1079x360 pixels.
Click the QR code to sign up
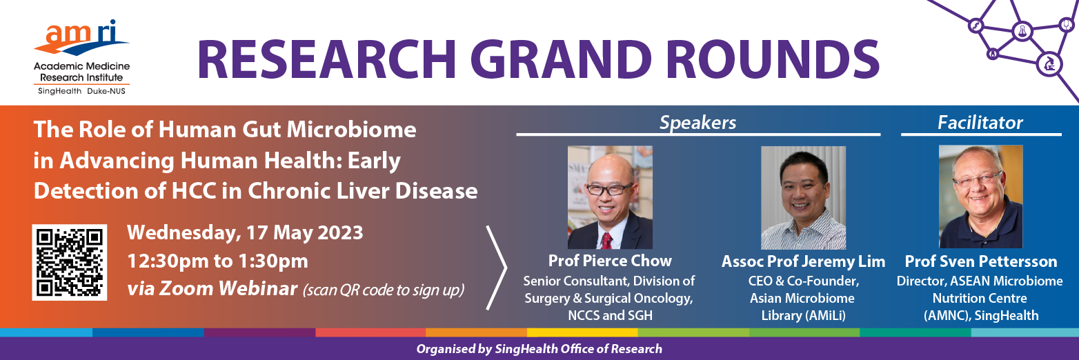coord(70,262)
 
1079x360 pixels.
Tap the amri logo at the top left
coord(81,57)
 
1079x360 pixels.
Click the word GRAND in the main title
coord(561,60)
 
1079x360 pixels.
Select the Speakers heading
coord(697,123)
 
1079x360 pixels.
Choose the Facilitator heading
coord(980,123)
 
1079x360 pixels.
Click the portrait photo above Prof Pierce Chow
coord(610,197)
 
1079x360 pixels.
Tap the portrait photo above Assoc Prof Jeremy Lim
coord(803,197)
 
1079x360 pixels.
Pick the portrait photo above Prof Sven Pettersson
coord(981,197)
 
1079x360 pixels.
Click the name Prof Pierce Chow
coord(610,261)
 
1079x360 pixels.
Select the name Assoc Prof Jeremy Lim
coord(803,261)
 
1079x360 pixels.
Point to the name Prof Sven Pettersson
coord(981,261)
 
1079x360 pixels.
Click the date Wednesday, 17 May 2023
coord(245,233)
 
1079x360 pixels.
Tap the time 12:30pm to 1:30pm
coord(218,261)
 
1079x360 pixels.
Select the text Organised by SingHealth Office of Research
coord(539,349)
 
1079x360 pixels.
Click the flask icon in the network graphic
coord(1022,31)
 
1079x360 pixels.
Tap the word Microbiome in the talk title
coord(352,130)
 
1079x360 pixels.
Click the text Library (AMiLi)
coord(803,316)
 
